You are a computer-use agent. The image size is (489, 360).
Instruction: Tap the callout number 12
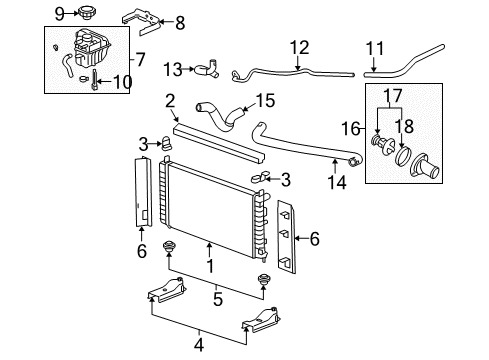(299, 46)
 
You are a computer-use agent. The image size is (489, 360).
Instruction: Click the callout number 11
(374, 47)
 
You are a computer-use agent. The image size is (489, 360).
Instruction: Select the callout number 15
(264, 100)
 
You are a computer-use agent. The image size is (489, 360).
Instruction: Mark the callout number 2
(170, 100)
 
